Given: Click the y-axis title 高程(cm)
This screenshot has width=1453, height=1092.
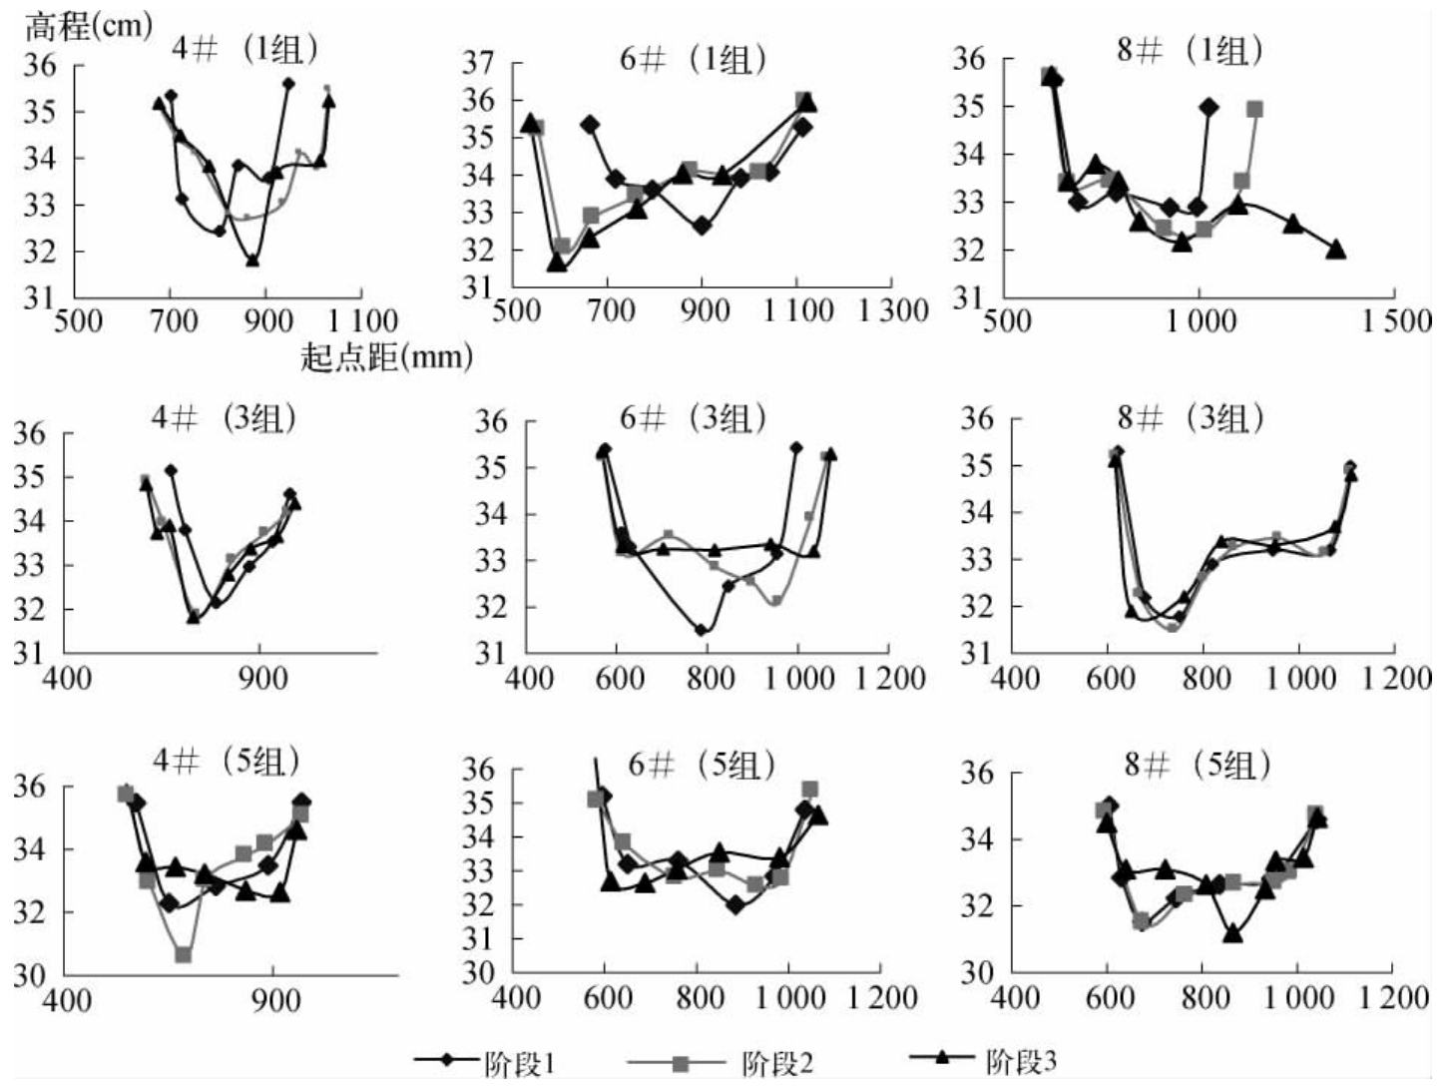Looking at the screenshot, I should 88,25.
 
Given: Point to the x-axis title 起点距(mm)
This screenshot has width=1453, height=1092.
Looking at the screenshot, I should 386,355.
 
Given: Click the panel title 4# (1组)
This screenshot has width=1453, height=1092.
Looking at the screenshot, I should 243,51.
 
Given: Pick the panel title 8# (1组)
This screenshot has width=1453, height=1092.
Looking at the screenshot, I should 1189,50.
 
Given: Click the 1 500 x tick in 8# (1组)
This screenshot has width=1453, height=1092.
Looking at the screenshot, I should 1396,320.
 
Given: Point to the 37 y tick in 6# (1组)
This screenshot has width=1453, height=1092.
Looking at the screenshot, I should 479,64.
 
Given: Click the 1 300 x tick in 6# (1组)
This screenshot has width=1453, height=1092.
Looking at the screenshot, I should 893,310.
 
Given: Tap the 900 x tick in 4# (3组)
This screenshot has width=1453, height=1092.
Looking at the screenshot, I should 261,678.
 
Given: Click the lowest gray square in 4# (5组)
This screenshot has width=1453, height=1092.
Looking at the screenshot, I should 184,955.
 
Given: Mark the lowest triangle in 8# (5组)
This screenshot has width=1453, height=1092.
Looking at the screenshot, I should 1232,933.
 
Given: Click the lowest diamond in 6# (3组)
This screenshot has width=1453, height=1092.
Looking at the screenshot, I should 701,630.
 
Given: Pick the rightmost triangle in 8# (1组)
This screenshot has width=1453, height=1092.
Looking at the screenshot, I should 1336,249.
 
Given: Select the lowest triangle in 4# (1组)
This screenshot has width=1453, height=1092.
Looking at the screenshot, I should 252,260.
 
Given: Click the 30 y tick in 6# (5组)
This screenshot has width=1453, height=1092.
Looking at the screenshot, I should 479,972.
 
